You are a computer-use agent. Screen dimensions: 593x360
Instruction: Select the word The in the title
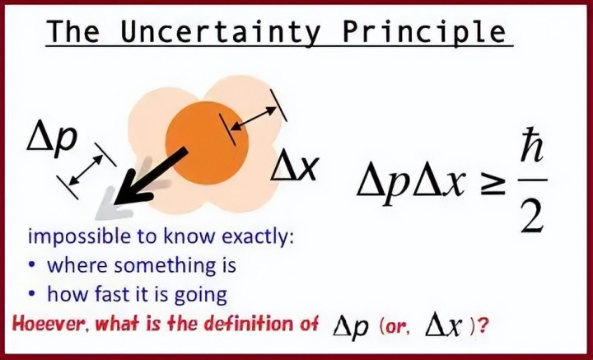[x=74, y=31]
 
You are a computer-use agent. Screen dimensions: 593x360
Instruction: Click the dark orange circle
[x=207, y=143]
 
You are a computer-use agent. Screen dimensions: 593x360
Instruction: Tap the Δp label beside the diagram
[x=52, y=138]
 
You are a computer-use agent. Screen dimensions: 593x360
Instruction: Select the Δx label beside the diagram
[x=294, y=167]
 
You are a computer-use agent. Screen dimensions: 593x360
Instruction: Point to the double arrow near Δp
[x=86, y=171]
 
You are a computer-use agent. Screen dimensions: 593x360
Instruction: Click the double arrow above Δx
[x=254, y=119]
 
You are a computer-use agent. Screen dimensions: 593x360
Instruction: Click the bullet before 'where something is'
[x=33, y=264]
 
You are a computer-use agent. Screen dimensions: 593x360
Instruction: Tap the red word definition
[x=249, y=325]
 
